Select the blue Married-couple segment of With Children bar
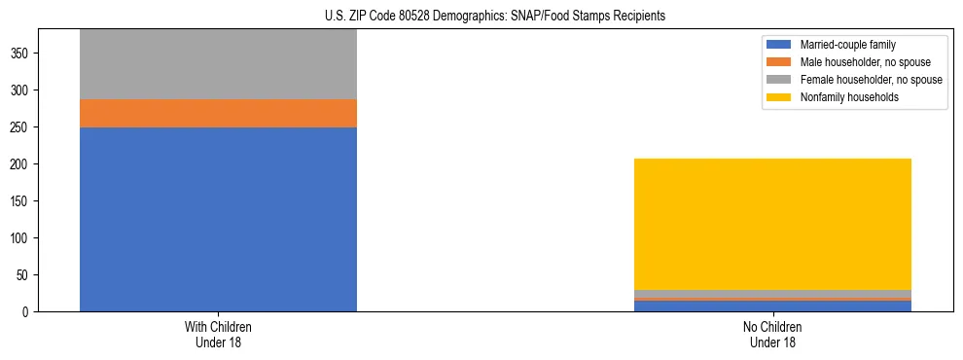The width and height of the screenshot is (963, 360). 218,219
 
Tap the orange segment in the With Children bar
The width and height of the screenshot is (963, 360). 218,113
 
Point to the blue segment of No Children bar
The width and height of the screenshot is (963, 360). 772,306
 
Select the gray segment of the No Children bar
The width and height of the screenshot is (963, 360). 772,294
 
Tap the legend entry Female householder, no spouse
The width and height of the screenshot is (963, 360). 871,80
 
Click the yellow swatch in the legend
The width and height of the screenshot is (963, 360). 778,97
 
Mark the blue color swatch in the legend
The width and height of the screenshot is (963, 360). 778,45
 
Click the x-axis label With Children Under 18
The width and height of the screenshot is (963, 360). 218,334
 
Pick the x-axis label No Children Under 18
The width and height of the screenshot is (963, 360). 772,334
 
